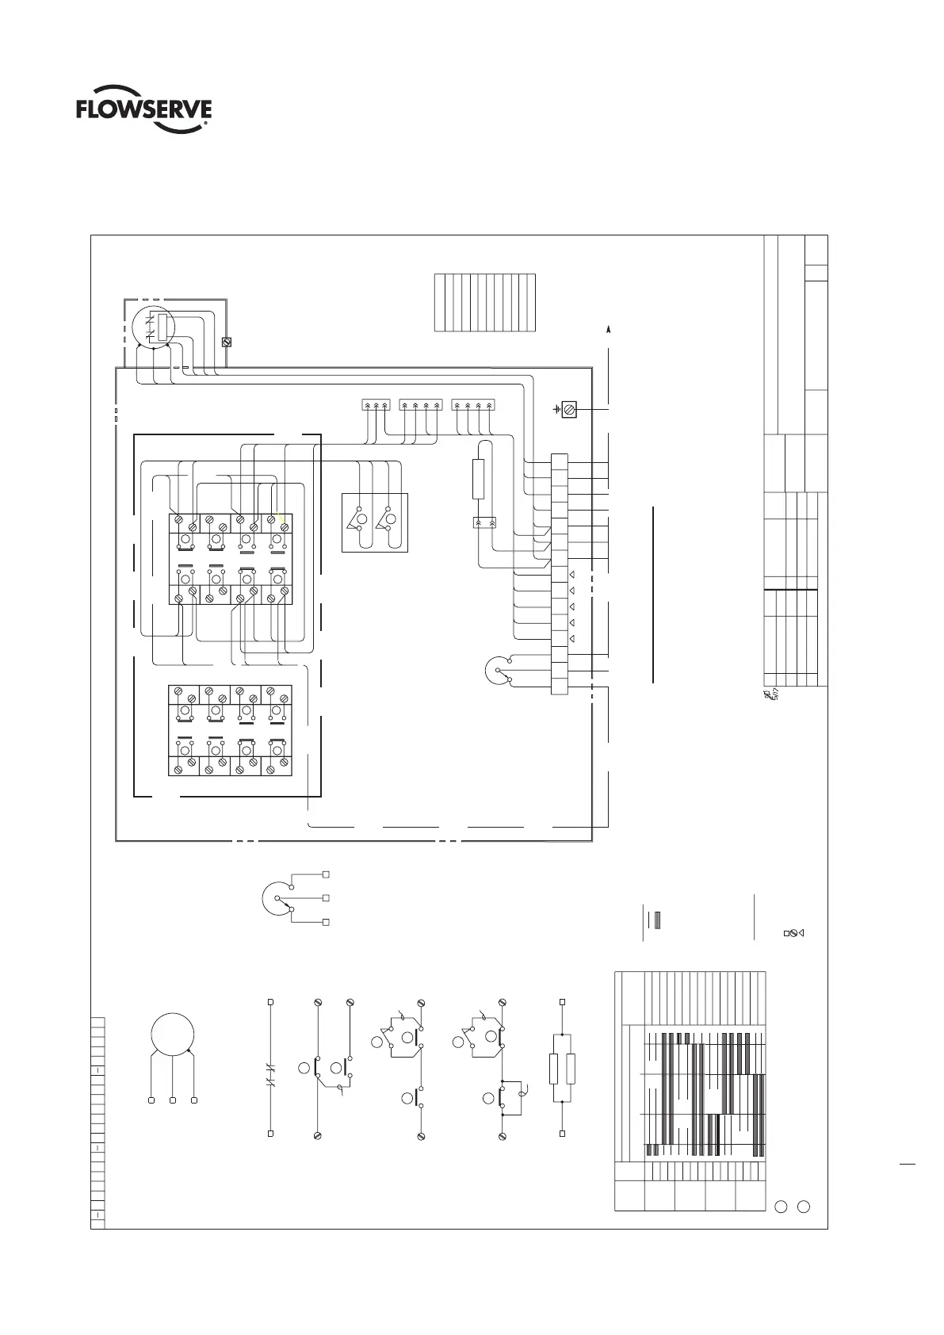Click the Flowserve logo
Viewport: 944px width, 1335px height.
pyautogui.click(x=143, y=113)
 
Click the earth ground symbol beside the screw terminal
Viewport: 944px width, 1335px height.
pyautogui.click(x=556, y=410)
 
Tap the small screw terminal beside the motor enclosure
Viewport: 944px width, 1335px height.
pyautogui.click(x=226, y=342)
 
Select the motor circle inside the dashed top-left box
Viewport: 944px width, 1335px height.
pyautogui.click(x=152, y=327)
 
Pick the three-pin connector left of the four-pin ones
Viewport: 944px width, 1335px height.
pyautogui.click(x=376, y=405)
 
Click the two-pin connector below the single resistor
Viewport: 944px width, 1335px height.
pyautogui.click(x=483, y=523)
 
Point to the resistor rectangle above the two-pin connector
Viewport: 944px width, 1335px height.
pyautogui.click(x=478, y=479)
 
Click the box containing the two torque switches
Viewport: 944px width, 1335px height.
pyautogui.click(x=373, y=522)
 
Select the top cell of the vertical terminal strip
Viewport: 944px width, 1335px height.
pyautogui.click(x=559, y=461)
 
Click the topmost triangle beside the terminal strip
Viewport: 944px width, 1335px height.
pyautogui.click(x=571, y=573)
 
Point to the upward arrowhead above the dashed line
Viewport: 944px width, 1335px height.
pyautogui.click(x=609, y=327)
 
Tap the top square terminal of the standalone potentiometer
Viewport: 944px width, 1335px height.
pyautogui.click(x=326, y=874)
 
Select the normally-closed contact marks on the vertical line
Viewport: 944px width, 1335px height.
pyautogui.click(x=270, y=1082)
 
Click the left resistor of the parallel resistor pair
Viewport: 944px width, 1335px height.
pyautogui.click(x=553, y=1069)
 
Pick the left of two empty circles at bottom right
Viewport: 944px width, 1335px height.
pyautogui.click(x=781, y=1207)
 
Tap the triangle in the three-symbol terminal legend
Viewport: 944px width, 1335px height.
pyautogui.click(x=802, y=932)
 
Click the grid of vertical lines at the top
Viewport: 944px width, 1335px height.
pyautogui.click(x=485, y=303)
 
